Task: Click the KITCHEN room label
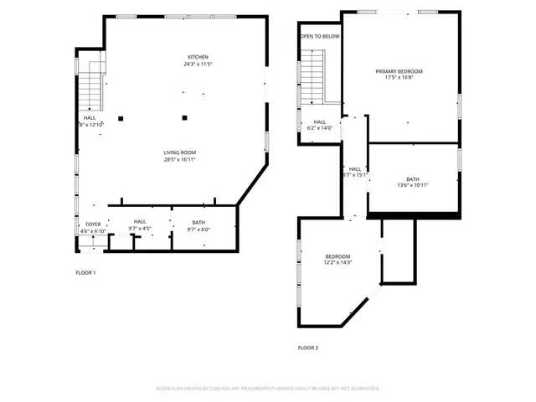[x=198, y=57]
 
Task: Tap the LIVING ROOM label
[x=179, y=152]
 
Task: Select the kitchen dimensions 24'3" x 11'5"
[x=198, y=64]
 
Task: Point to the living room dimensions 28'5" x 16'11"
[x=179, y=160]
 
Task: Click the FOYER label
[x=92, y=224]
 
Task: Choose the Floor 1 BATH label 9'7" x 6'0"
[x=199, y=224]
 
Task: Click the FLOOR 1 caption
[x=85, y=273]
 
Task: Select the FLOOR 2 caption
[x=308, y=348]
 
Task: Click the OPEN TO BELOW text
[x=320, y=37]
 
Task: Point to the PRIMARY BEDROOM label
[x=399, y=71]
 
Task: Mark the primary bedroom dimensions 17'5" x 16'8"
[x=399, y=79]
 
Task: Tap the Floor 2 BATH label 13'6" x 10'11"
[x=413, y=178]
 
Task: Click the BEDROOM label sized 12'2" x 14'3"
[x=338, y=256]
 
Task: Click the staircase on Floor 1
[x=90, y=90]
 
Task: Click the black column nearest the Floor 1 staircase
[x=121, y=118]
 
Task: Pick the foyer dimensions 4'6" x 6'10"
[x=92, y=230]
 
